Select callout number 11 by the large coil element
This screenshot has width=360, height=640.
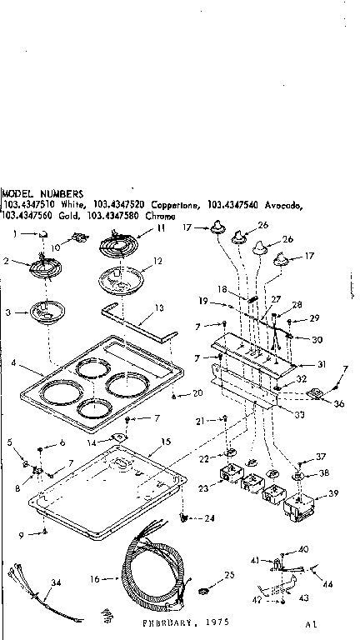point(161,227)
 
